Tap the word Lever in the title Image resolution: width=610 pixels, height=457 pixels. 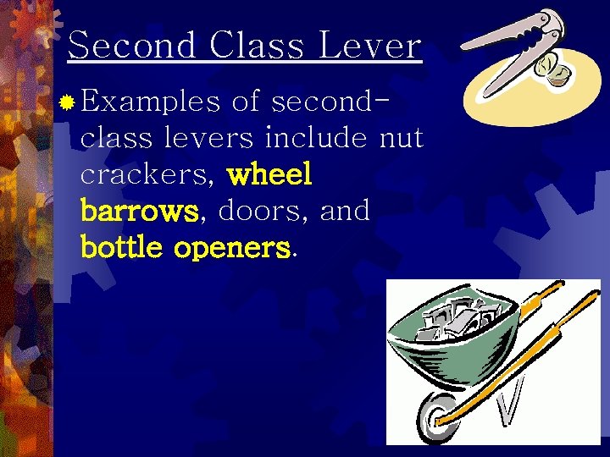coord(369,45)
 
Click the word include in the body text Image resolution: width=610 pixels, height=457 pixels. coord(315,138)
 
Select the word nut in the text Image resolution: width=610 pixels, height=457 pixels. coord(401,138)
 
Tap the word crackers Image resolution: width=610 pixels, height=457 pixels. coord(148,175)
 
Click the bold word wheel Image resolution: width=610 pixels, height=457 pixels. coord(270,174)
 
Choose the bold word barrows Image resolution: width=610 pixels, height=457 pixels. coord(141,211)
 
